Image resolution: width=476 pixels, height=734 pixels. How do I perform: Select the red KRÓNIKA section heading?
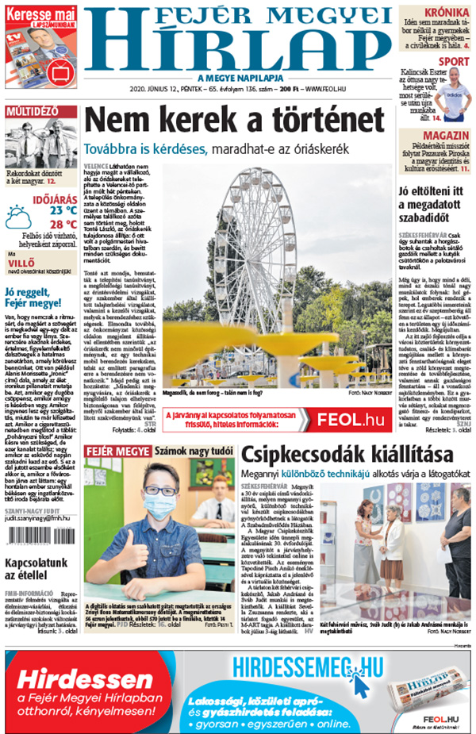445,13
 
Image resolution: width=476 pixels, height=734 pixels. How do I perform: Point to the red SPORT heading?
453,61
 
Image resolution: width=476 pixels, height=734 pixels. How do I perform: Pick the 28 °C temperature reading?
63,224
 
